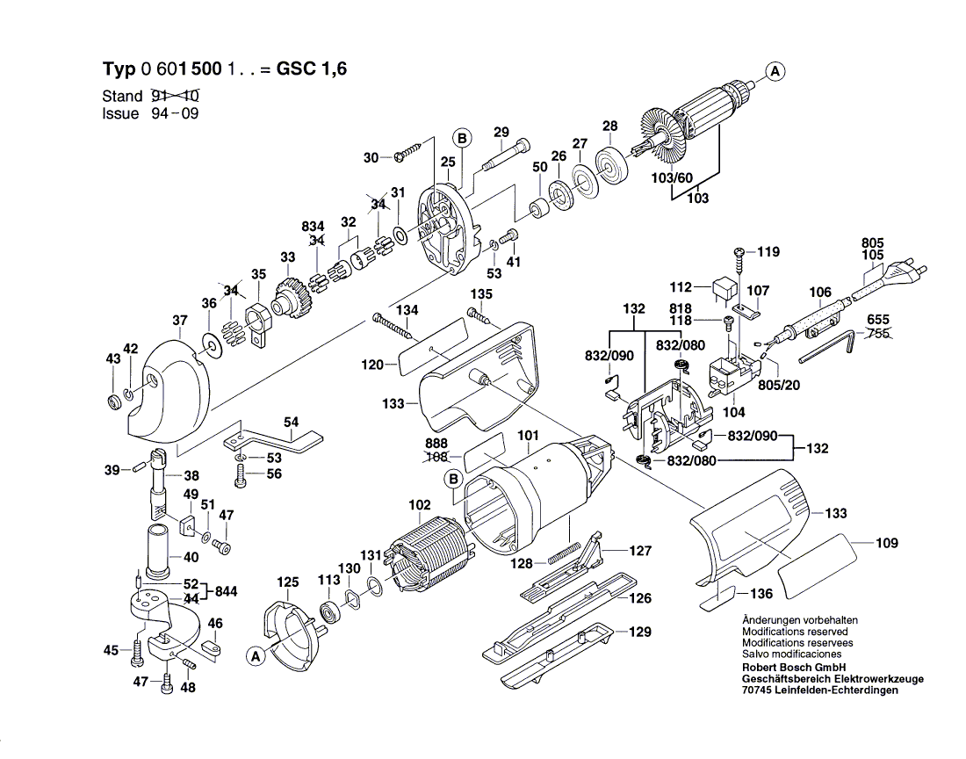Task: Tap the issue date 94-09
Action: tap(172, 114)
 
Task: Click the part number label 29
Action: tap(501, 133)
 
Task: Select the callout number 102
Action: tap(420, 504)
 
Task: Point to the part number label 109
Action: tap(887, 543)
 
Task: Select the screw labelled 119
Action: tap(740, 254)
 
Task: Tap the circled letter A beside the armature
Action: tap(775, 72)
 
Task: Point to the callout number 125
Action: tap(288, 582)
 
